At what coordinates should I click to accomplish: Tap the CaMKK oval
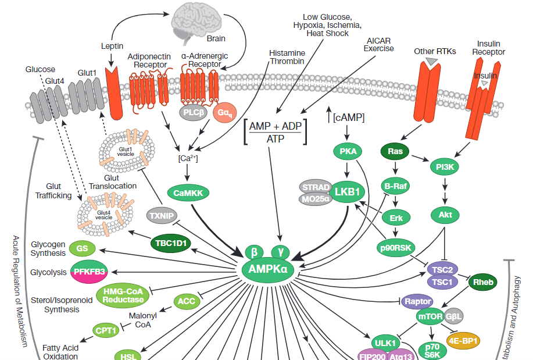[187, 193]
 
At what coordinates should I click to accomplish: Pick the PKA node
[348, 152]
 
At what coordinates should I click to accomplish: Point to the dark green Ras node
[395, 152]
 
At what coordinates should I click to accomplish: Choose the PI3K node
[444, 167]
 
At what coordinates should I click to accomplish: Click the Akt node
[445, 215]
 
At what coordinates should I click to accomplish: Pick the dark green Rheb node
[483, 282]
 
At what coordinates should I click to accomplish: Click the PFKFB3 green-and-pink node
[91, 272]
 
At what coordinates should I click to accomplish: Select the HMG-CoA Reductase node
[123, 295]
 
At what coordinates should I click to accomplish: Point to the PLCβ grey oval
[194, 112]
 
